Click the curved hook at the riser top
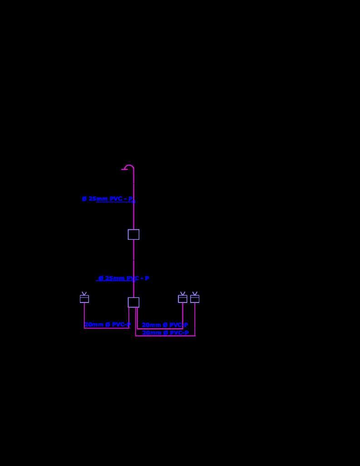click(x=129, y=167)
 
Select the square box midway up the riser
click(x=133, y=234)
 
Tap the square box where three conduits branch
click(x=133, y=302)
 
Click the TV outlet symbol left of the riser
click(x=84, y=298)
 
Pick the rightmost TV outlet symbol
click(x=195, y=298)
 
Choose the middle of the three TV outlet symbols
click(x=182, y=298)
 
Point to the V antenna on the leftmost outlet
click(x=84, y=293)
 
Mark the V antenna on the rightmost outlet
click(x=195, y=293)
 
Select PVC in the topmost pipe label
click(x=116, y=199)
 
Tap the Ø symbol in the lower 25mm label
click(x=101, y=278)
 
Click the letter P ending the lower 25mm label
click(x=147, y=278)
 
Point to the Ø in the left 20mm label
click(x=108, y=325)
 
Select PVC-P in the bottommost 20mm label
click(x=179, y=333)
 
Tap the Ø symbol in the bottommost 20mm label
click(x=165, y=333)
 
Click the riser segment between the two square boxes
click(x=133, y=268)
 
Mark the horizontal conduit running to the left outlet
click(x=106, y=328)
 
